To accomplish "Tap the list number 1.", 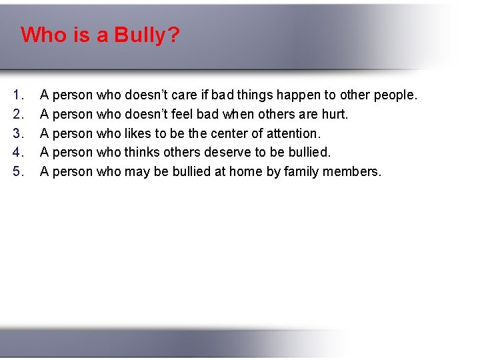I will point(18,95).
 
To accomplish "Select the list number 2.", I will point(18,114).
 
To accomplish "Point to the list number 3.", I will point(18,133).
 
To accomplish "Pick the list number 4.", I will point(18,152).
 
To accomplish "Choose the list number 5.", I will point(18,171).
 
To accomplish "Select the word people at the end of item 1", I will point(395,95).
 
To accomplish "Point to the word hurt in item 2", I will point(335,114).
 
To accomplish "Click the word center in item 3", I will point(227,133).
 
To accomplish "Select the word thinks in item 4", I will point(143,152).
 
